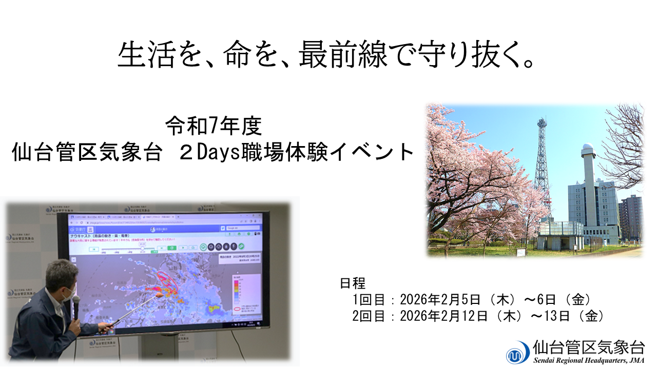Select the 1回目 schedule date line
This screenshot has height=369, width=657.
pyautogui.click(x=471, y=299)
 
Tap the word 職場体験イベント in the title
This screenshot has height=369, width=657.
pyautogui.click(x=328, y=152)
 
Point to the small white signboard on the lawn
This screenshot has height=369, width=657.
pyautogui.click(x=521, y=252)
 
